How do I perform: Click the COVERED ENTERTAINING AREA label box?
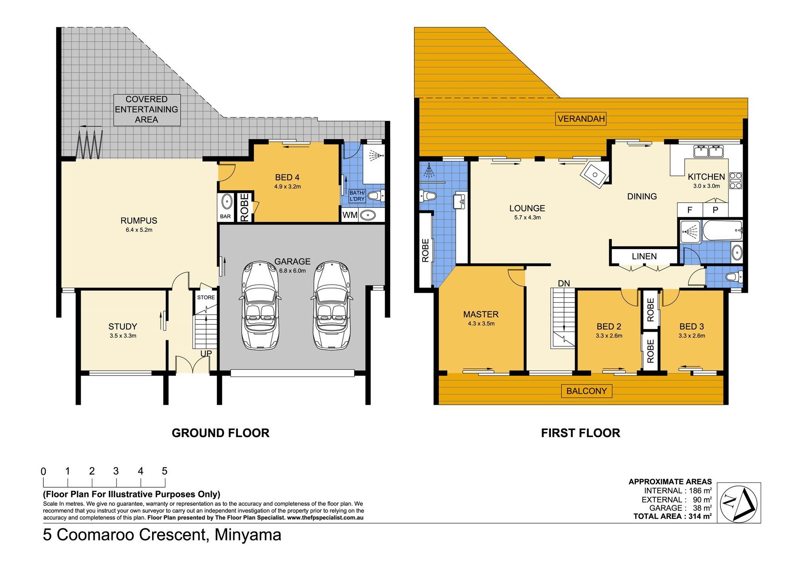click(147, 110)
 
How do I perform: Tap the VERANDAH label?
click(581, 119)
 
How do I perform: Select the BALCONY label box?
click(586, 391)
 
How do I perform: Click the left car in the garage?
click(259, 305)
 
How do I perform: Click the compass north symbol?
click(739, 503)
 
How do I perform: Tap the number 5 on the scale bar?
click(165, 471)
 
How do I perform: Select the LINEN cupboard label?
click(644, 256)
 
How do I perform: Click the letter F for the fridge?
click(689, 210)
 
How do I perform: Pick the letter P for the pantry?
click(715, 210)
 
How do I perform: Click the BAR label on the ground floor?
click(225, 216)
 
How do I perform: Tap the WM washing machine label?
click(350, 215)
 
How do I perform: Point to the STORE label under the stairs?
click(206, 297)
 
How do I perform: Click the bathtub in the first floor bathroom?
click(722, 230)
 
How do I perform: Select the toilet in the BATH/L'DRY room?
click(376, 195)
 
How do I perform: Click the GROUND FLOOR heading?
click(221, 433)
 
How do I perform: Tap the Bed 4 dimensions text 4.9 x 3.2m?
click(287, 186)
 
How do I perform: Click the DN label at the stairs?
click(564, 283)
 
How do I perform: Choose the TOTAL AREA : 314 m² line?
click(673, 516)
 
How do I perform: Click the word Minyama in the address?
click(248, 535)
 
